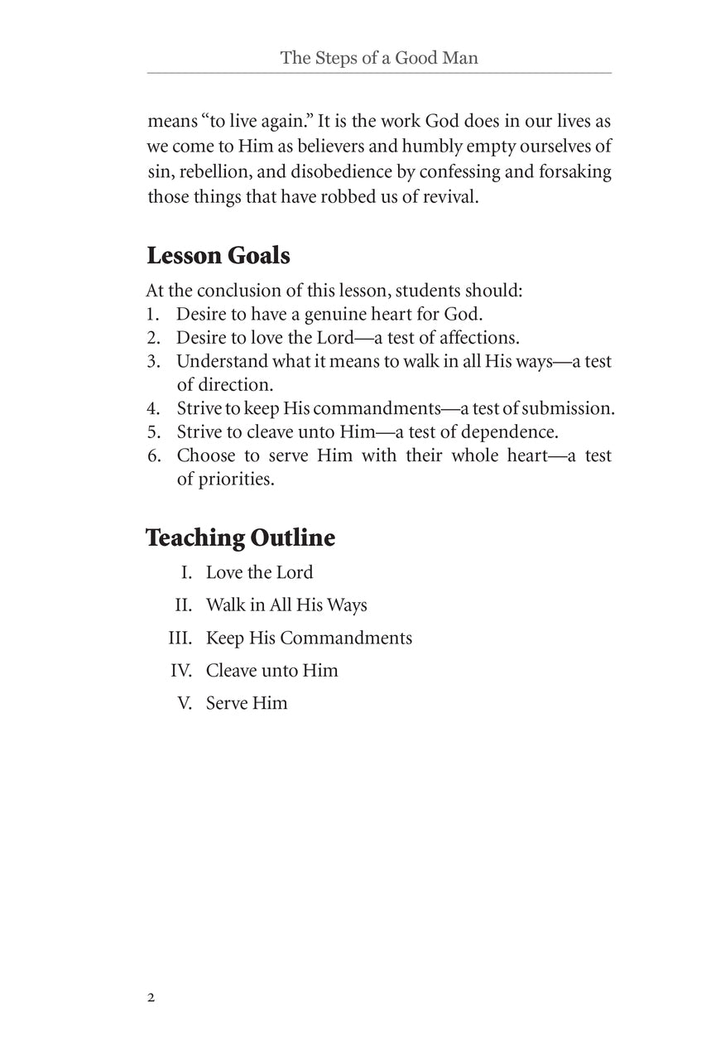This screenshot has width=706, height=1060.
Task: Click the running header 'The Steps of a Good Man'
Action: tap(379, 58)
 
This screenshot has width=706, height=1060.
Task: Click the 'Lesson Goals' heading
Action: tap(218, 256)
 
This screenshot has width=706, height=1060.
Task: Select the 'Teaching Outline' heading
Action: tap(240, 537)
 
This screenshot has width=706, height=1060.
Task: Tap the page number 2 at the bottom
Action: tap(151, 997)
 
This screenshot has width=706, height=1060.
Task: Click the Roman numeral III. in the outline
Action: tap(181, 638)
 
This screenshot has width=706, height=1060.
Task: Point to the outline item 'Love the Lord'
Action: tap(259, 572)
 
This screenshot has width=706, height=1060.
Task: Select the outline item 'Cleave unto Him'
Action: tap(271, 670)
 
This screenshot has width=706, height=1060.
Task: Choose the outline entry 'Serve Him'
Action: tap(247, 703)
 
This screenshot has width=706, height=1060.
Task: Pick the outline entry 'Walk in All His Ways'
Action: tap(286, 605)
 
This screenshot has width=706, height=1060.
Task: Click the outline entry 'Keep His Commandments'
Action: tap(309, 638)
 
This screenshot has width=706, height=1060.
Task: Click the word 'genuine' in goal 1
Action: tap(353, 315)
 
